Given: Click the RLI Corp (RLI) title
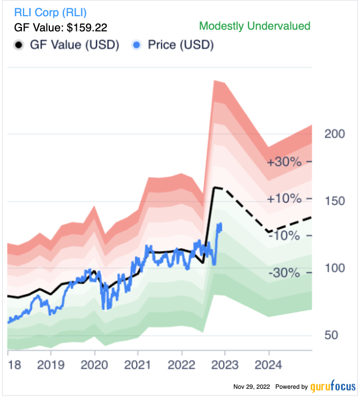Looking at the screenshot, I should (x=50, y=12).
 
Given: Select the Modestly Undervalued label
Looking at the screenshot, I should (x=255, y=26).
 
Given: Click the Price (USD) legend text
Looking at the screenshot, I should (x=181, y=45).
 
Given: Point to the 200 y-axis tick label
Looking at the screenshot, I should (x=334, y=134).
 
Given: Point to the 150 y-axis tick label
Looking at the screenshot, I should (x=334, y=201).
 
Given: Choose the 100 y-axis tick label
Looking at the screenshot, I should (x=334, y=268).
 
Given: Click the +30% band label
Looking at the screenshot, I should (x=284, y=162).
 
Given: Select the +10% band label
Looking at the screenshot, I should (x=284, y=199).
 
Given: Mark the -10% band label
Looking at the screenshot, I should (x=285, y=236).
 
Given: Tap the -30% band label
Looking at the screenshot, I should (x=285, y=273).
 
